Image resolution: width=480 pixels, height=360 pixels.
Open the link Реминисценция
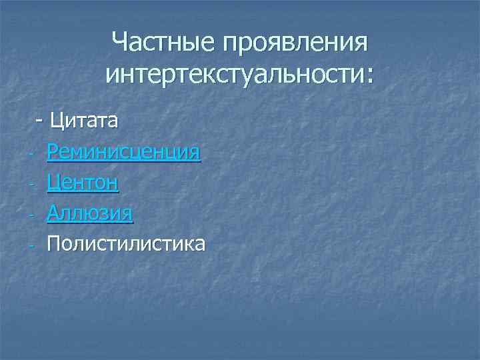pos(123,152)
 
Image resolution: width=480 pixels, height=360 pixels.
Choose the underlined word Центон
pos(83,183)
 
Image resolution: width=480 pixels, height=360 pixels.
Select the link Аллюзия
pos(90,213)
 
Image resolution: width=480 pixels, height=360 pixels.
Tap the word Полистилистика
pos(126,243)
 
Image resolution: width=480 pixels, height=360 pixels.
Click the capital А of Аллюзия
pos(54,213)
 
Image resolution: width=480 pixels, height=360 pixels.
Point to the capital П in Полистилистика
pos(54,243)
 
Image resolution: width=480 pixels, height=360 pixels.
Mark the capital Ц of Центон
pos(55,183)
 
